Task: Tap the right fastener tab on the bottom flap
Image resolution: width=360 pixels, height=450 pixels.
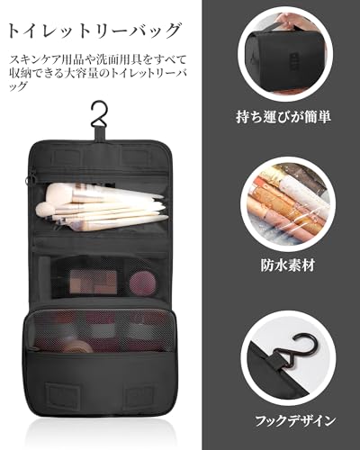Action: tap(135, 397)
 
